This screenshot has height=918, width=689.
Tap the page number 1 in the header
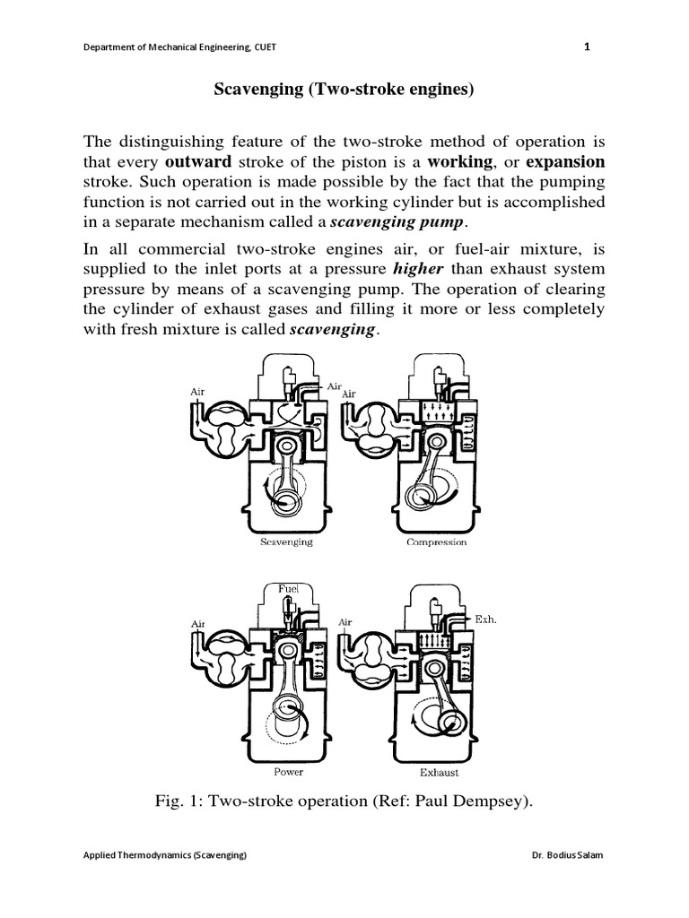587,48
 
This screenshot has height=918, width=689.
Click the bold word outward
197,162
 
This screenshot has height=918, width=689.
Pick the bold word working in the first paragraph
460,162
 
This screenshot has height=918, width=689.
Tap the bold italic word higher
417,269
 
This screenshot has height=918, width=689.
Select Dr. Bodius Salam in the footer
567,880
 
